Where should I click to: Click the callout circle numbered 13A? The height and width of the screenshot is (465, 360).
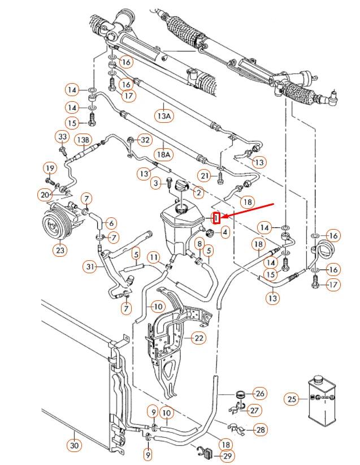tap(163, 116)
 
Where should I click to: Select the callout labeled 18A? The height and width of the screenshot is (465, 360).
tap(163, 153)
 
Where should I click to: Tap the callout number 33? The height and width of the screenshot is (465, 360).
tap(62, 137)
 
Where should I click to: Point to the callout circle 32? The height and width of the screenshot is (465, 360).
tap(145, 139)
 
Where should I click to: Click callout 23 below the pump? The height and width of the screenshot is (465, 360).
tap(61, 249)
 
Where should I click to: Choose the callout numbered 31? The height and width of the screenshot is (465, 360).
tap(90, 266)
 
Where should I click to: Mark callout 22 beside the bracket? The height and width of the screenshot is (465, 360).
tap(198, 338)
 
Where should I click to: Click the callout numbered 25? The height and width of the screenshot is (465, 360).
tap(292, 399)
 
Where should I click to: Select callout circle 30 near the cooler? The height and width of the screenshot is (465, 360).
tap(74, 445)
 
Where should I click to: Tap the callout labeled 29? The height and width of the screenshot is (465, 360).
tap(227, 455)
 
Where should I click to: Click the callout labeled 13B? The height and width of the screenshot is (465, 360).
tap(83, 139)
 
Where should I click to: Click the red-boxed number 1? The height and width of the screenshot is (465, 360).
tap(216, 218)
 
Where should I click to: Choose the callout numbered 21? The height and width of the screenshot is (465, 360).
tap(205, 176)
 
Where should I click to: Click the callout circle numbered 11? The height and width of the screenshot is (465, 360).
tap(154, 258)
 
